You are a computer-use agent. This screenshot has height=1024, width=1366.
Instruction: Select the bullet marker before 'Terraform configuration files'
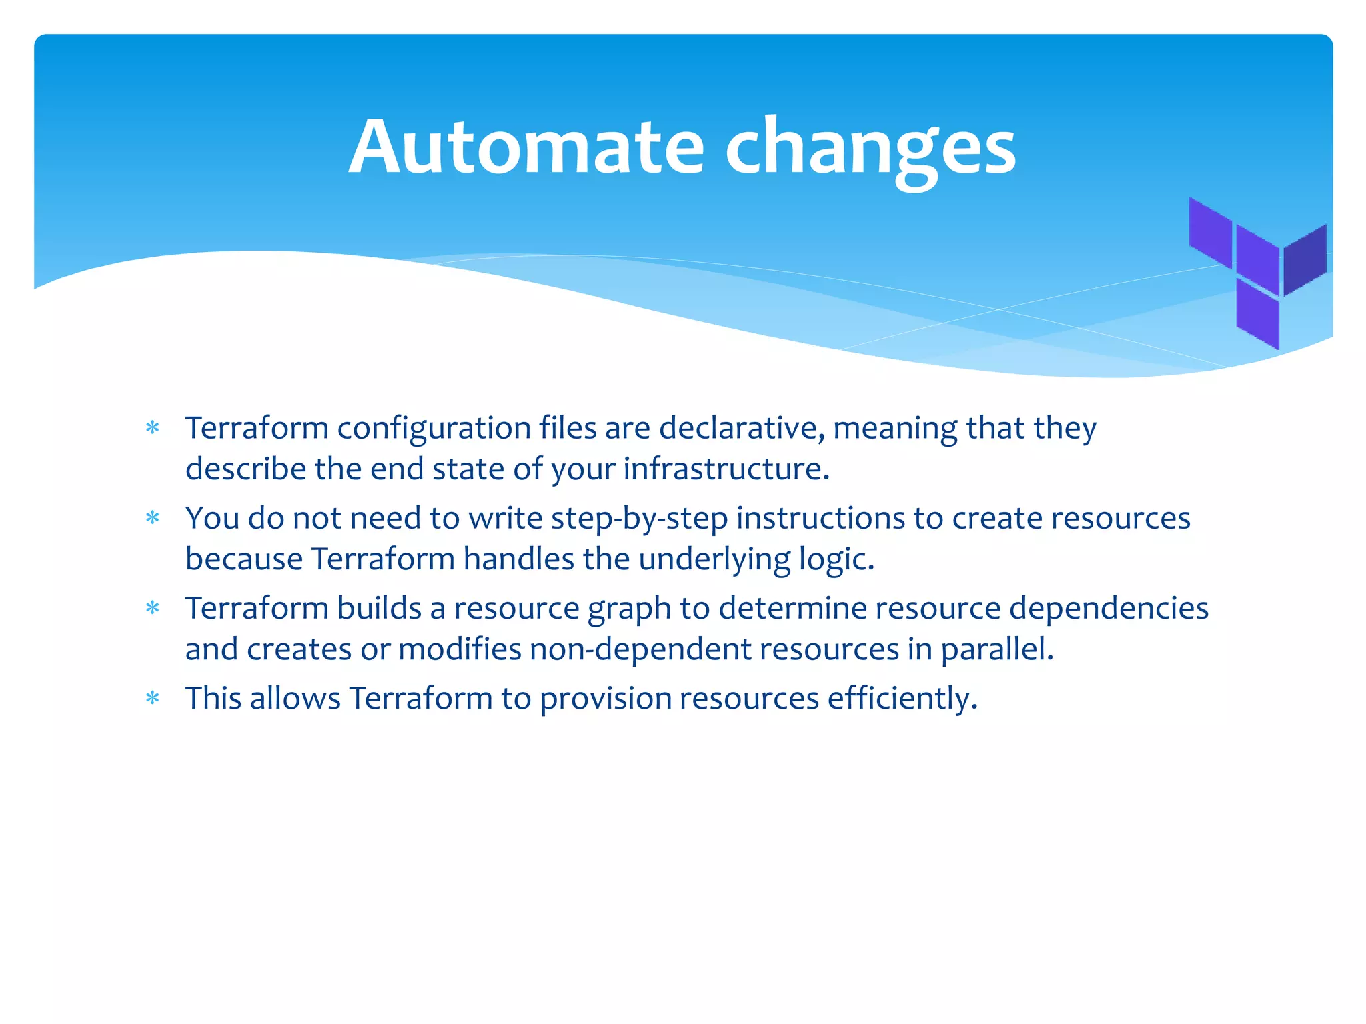point(153,427)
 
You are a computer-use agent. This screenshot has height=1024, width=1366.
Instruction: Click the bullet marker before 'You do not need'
point(153,518)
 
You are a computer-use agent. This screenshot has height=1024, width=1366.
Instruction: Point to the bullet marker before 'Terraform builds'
point(153,608)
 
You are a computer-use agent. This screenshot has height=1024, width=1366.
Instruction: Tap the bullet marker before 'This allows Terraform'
point(153,698)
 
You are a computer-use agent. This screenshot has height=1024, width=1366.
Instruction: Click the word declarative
point(741,427)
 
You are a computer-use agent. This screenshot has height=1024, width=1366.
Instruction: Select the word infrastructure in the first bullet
point(726,469)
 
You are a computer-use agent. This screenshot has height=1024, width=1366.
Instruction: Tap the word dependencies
point(1108,608)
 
